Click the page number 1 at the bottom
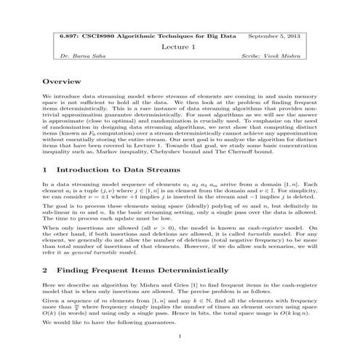pos(180,336)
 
